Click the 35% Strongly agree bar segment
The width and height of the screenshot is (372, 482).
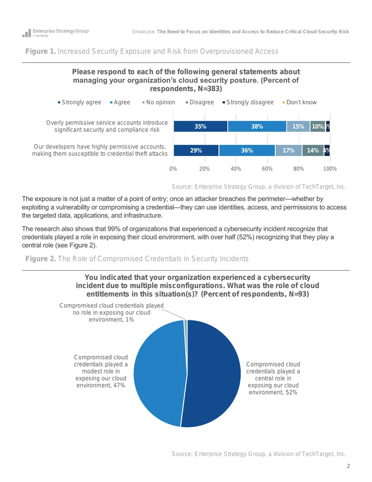[200, 126]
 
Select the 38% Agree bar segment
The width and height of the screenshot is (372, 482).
[257, 126]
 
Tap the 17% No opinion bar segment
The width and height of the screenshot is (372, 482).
[288, 150]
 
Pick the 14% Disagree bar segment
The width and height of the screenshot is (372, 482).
[313, 150]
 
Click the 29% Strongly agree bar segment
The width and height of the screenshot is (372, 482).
[196, 150]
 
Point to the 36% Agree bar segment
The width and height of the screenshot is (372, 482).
[247, 150]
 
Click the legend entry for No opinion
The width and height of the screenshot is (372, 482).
[159, 102]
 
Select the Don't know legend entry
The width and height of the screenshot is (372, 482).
[299, 102]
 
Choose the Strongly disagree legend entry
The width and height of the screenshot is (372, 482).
[248, 102]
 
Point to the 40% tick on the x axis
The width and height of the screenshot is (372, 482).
[236, 169]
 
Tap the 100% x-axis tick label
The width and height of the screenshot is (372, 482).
[330, 169]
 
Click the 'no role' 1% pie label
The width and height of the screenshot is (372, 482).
[112, 312]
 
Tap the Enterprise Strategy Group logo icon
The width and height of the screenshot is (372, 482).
[27, 33]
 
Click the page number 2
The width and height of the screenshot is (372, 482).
[348, 466]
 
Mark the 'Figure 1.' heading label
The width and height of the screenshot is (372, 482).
[40, 51]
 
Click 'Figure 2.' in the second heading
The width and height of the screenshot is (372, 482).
[40, 259]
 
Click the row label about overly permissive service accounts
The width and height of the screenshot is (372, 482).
[107, 126]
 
